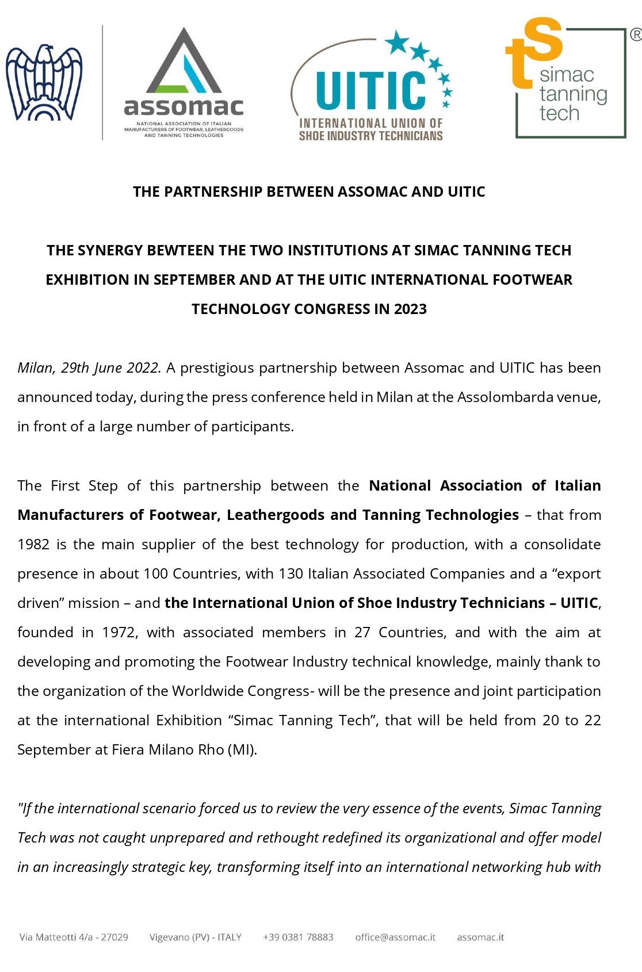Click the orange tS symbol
(x=534, y=52)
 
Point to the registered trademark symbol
(x=635, y=35)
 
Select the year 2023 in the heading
(x=410, y=309)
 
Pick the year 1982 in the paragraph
(x=33, y=544)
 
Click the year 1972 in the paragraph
(x=119, y=632)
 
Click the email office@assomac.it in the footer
(x=395, y=937)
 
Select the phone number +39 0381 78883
(x=298, y=937)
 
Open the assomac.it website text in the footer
(x=480, y=937)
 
